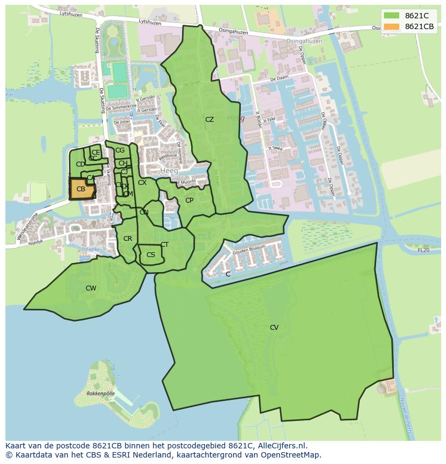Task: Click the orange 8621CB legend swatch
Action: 392,26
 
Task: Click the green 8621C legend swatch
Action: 392,15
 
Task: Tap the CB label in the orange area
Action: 81,189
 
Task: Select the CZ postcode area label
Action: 210,120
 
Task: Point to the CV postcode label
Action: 274,328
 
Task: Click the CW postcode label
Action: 91,288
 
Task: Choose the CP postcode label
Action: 189,200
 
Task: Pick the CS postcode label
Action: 151,255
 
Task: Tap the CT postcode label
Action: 164,245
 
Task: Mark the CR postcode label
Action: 128,239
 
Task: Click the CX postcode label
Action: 142,183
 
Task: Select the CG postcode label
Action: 120,150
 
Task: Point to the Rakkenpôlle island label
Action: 101,394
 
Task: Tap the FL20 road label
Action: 423,250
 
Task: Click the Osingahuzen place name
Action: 304,41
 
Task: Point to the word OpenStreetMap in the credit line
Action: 293,455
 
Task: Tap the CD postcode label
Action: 80,164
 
